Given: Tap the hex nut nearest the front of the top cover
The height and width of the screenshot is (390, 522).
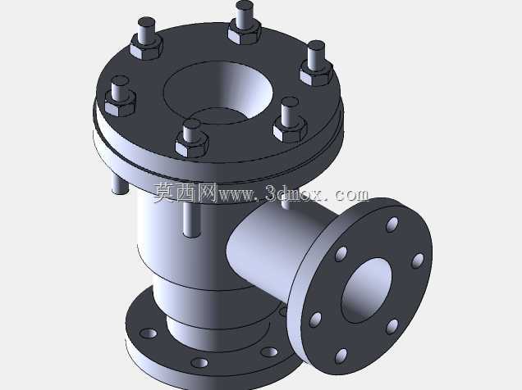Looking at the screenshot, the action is tap(192, 145).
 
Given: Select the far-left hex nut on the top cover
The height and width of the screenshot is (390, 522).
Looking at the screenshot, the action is tap(120, 103).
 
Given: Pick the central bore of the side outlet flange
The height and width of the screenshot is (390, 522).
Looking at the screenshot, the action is tap(366, 291).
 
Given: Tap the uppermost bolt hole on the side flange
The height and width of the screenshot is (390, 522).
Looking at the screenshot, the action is tap(392, 224).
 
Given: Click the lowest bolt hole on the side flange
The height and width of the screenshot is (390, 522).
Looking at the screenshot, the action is tap(341, 356).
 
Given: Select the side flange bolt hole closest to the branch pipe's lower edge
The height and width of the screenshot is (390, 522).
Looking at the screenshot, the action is tap(315, 320).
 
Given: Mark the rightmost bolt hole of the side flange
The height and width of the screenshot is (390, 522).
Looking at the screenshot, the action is tap(418, 261).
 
